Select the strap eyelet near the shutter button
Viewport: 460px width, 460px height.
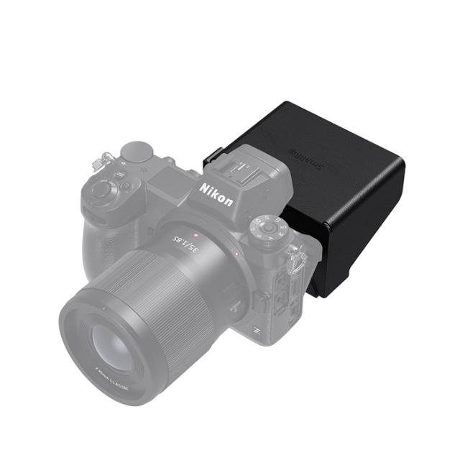click(x=108, y=157)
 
